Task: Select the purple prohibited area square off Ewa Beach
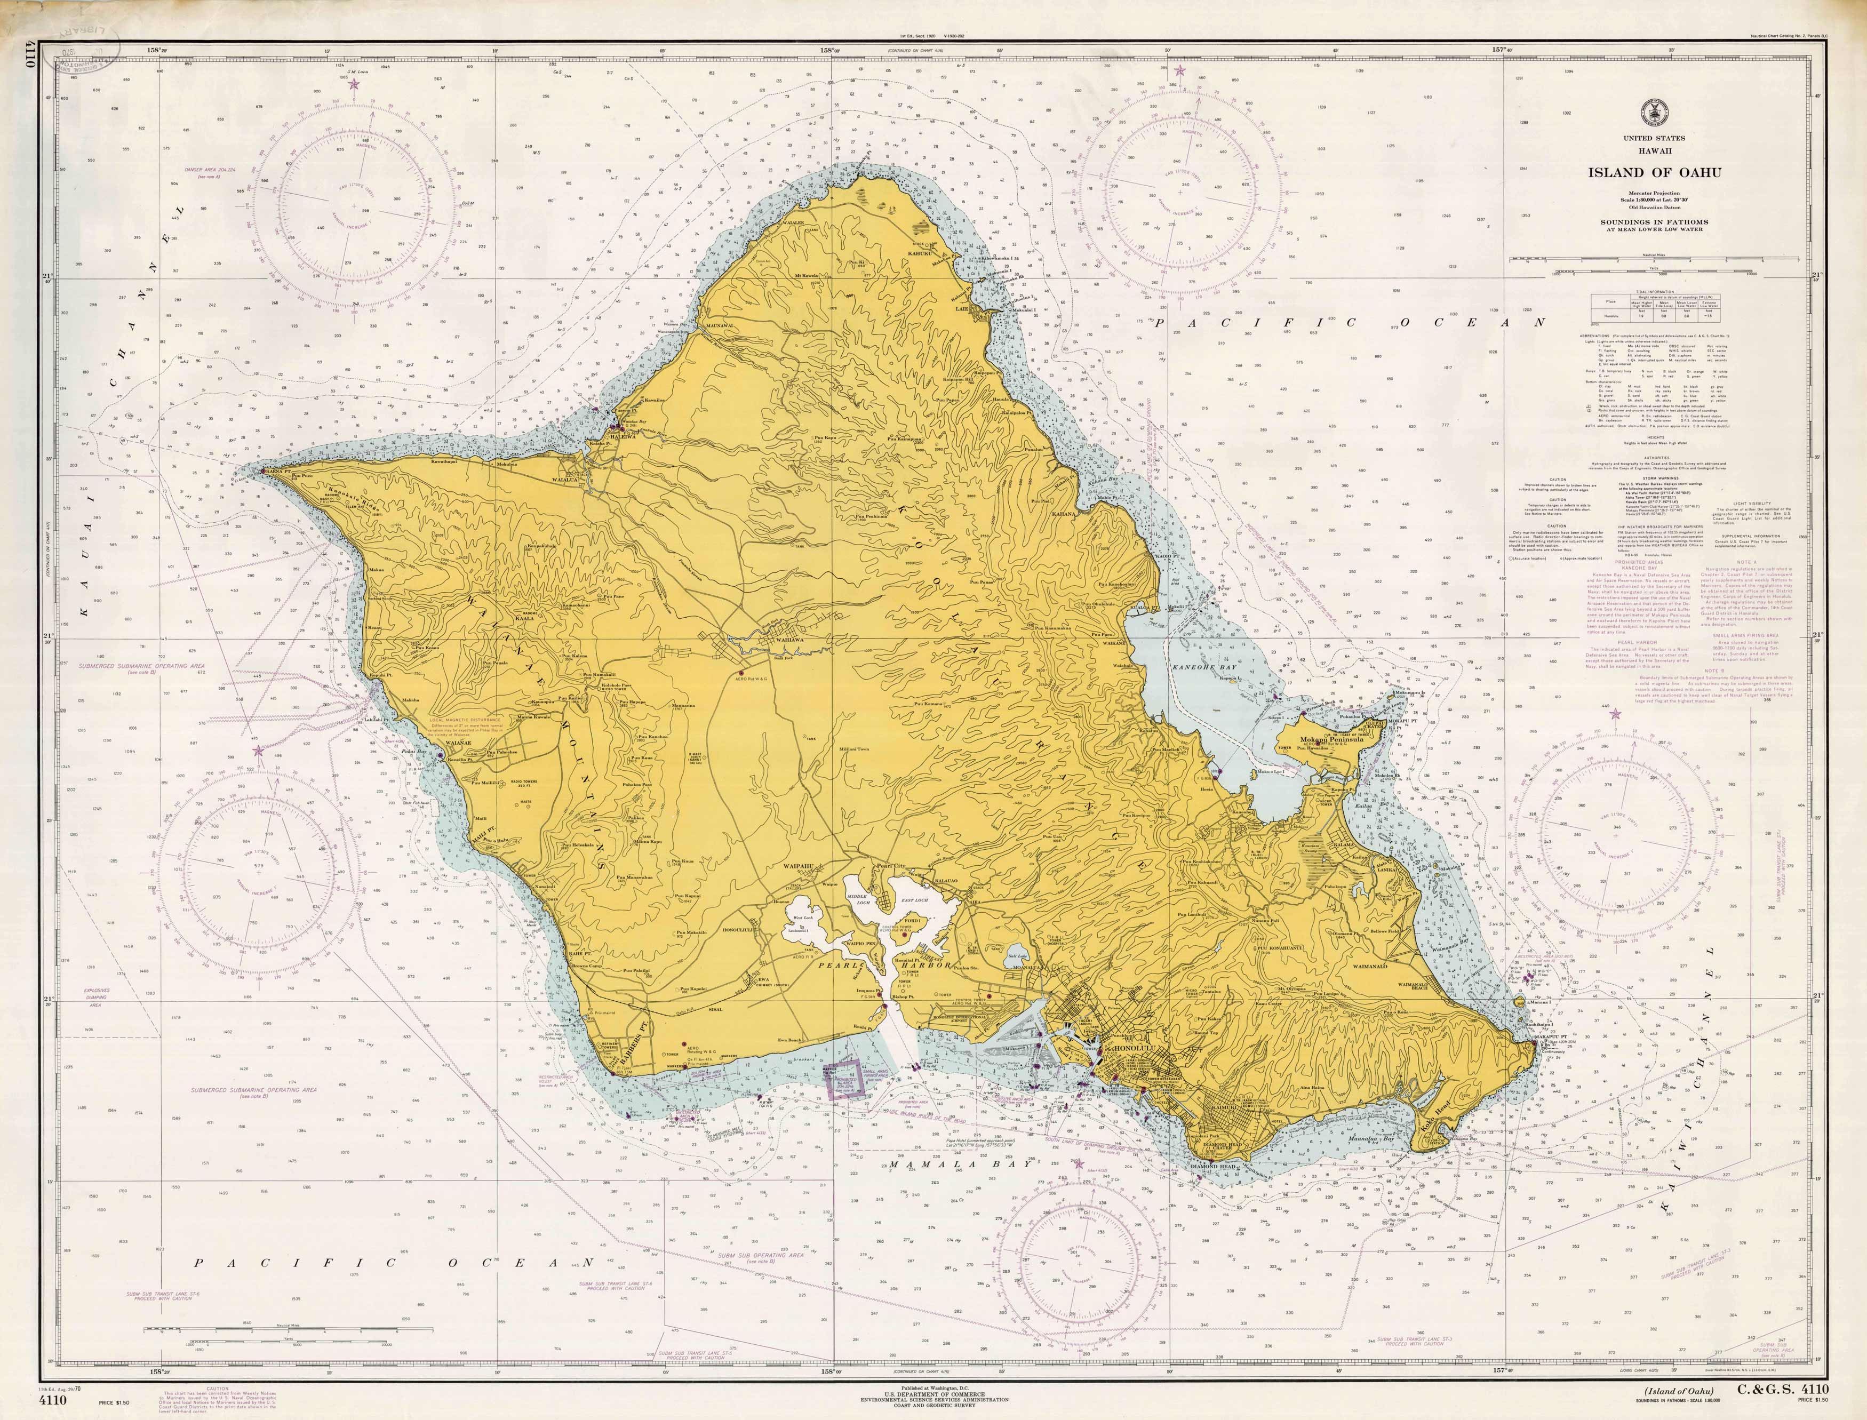842,1079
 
